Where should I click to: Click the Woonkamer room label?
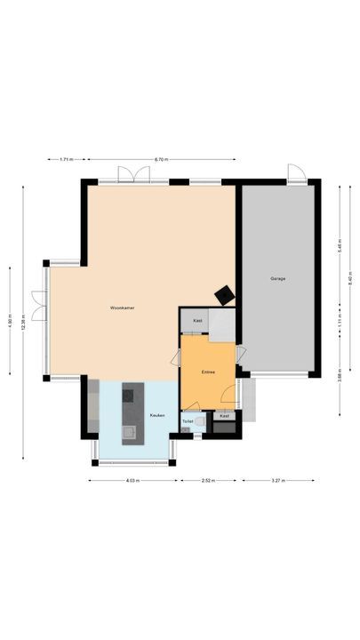122,308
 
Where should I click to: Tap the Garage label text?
277,279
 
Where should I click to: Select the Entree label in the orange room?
208,372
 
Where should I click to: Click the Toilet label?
188,420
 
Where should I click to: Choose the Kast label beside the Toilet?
224,415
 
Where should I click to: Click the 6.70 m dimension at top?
161,159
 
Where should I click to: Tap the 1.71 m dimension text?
66,159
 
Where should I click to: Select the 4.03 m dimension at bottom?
132,481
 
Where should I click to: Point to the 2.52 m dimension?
207,481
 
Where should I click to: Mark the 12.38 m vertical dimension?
11,320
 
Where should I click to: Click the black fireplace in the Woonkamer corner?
226,294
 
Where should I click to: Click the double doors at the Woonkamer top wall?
130,175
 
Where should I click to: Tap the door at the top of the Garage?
294,174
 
